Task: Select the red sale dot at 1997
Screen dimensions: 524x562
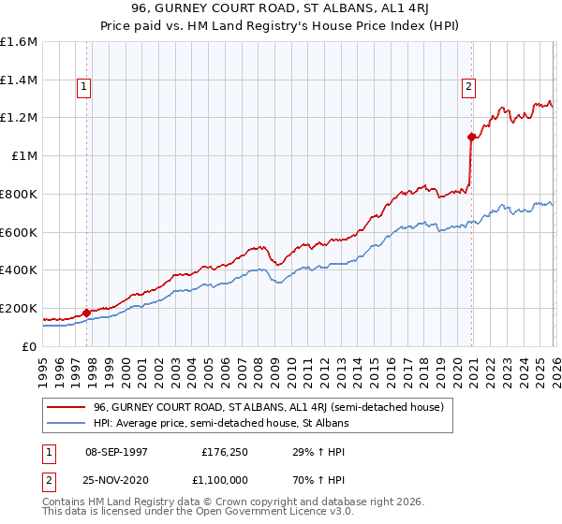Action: click(86, 313)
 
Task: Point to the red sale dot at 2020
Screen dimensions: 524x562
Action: click(471, 137)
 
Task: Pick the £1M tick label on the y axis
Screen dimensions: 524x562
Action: click(23, 156)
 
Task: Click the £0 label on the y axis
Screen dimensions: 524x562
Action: click(30, 346)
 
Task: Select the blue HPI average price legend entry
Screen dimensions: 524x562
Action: click(220, 423)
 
